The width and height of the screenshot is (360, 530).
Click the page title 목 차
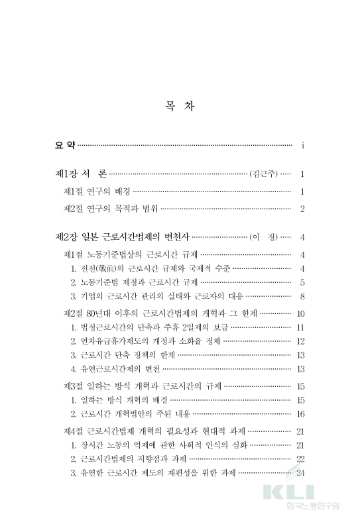click(180, 105)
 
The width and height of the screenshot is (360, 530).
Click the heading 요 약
click(66, 144)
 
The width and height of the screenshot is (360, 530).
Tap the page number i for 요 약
click(302, 144)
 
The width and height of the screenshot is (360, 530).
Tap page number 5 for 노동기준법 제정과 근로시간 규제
click(302, 282)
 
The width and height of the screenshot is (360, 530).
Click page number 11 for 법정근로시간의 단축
click(301, 327)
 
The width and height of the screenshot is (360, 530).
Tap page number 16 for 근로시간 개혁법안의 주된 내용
click(301, 414)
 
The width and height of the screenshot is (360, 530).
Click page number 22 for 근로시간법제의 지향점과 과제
click(301, 459)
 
